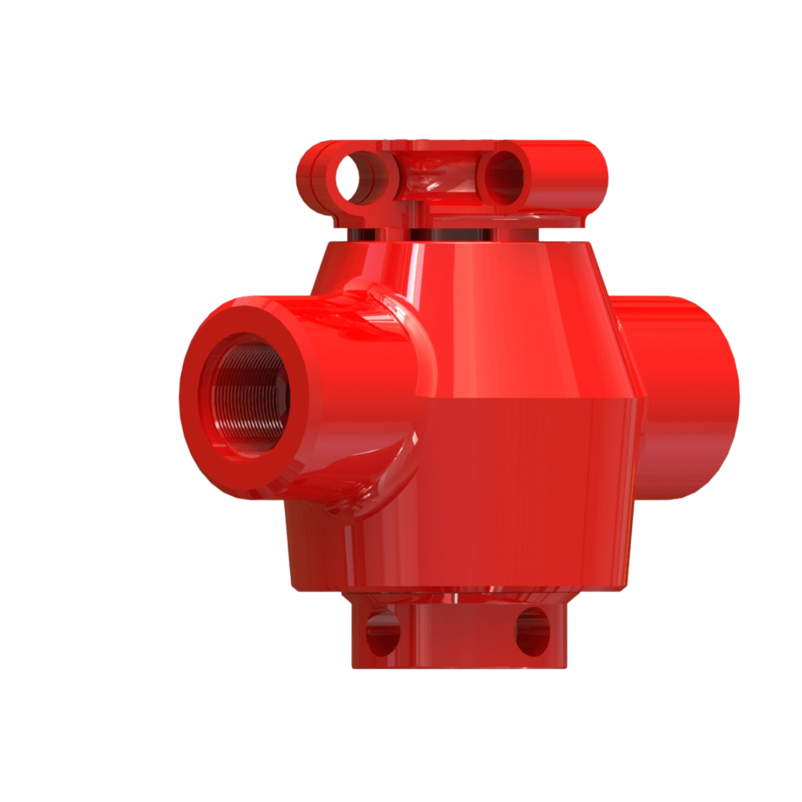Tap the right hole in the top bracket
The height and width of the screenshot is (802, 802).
pyautogui.click(x=503, y=176)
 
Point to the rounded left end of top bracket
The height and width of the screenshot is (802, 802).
pyautogui.click(x=309, y=177)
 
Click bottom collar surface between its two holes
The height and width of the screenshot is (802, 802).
pyautogui.click(x=458, y=635)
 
